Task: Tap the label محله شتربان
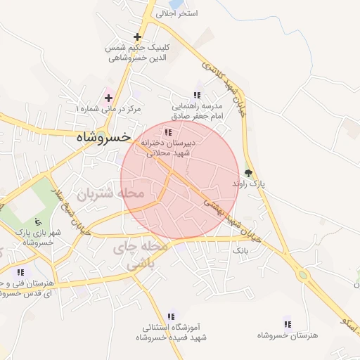[110, 193]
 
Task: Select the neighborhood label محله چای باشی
[141, 256]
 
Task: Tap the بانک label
[241, 250]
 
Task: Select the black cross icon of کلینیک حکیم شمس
[137, 37]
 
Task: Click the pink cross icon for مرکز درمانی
[108, 97]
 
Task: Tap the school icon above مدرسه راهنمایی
[198, 95]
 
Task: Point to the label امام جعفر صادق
[197, 115]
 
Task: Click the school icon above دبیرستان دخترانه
[167, 132]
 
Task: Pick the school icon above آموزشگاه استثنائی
[171, 316]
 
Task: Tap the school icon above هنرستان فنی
[20, 272]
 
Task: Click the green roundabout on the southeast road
[303, 275]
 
